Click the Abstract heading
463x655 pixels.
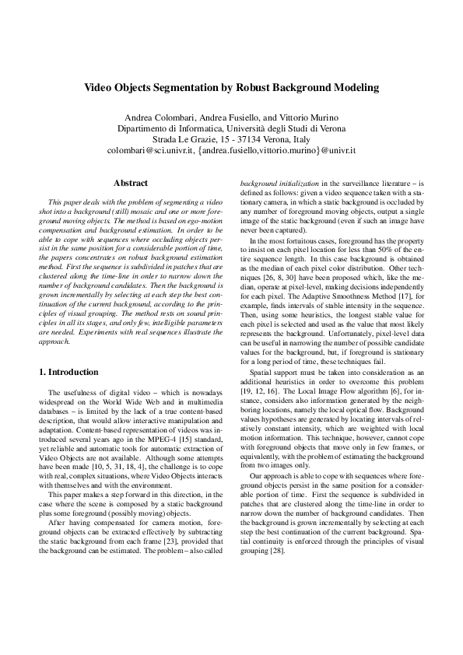pyautogui.click(x=131, y=183)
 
